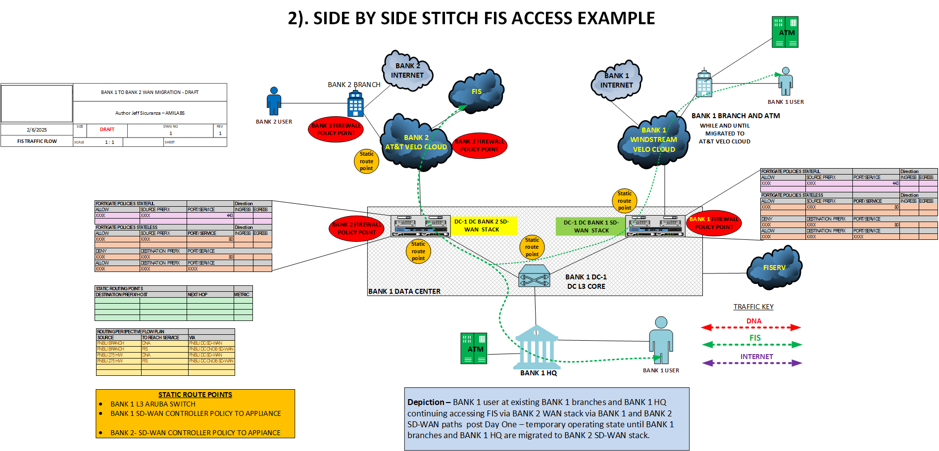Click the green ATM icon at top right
pyautogui.click(x=785, y=32)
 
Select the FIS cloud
pyautogui.click(x=476, y=91)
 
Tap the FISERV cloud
pyautogui.click(x=774, y=268)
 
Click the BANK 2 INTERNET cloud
pyautogui.click(x=407, y=71)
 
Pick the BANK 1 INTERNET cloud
pyautogui.click(x=616, y=80)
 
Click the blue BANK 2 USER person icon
pyautogui.click(x=274, y=101)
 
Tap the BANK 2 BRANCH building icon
pyautogui.click(x=355, y=104)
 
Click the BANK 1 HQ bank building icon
pyautogui.click(x=537, y=347)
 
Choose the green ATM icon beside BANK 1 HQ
pyautogui.click(x=474, y=348)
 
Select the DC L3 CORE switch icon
pyautogui.click(x=534, y=276)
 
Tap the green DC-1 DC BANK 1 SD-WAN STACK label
pyautogui.click(x=591, y=226)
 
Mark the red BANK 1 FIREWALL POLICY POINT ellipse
pyautogui.click(x=714, y=223)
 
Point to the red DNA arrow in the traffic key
pyautogui.click(x=751, y=327)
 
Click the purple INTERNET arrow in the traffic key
pyautogui.click(x=752, y=363)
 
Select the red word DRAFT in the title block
pyautogui.click(x=107, y=130)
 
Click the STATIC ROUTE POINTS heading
pyautogui.click(x=195, y=395)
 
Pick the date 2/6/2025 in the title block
pyautogui.click(x=37, y=130)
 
